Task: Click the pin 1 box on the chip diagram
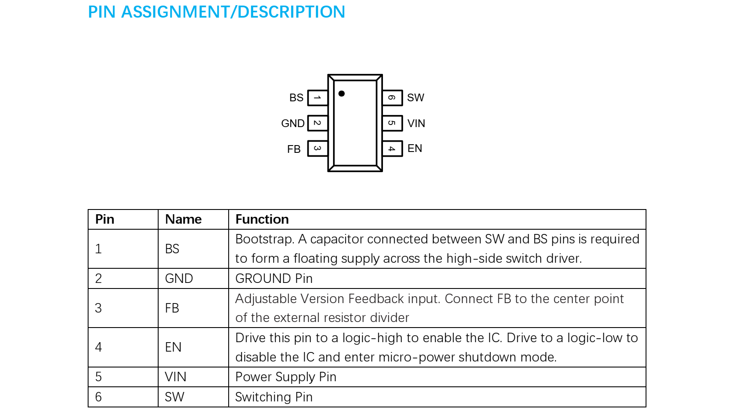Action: click(x=318, y=98)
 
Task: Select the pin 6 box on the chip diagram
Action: click(x=392, y=98)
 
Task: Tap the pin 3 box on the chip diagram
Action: click(x=318, y=149)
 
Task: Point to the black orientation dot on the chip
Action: click(x=342, y=94)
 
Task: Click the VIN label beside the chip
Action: click(x=416, y=124)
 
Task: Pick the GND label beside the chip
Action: click(x=293, y=124)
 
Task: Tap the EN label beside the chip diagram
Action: click(x=415, y=149)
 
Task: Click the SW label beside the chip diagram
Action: click(x=416, y=98)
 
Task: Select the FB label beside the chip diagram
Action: click(x=294, y=149)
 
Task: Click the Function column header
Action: click(x=262, y=219)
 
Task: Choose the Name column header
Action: click(x=184, y=219)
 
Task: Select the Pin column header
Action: click(x=105, y=219)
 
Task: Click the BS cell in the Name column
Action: click(x=172, y=249)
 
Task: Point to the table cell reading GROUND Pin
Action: click(x=274, y=279)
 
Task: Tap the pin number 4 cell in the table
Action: click(x=99, y=347)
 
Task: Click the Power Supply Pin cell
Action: click(x=286, y=377)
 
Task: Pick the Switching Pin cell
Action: click(x=274, y=397)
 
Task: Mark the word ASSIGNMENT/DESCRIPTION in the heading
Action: click(x=233, y=12)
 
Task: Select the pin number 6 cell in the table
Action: click(x=99, y=397)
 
